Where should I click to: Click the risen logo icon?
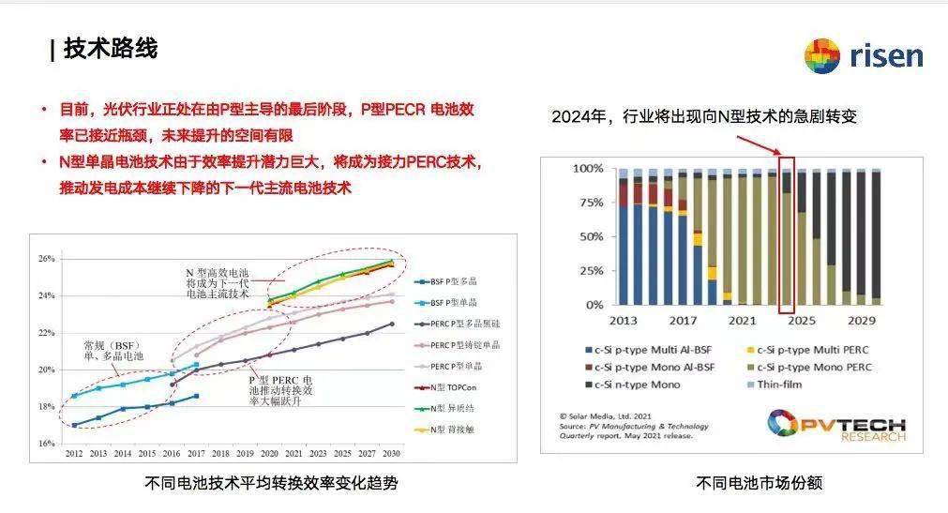tap(821, 56)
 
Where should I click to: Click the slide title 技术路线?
tap(110, 49)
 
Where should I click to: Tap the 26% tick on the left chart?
tap(46, 259)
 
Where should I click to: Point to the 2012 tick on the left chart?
tap(74, 453)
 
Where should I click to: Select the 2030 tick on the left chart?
tap(391, 453)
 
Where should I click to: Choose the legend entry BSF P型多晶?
tap(457, 281)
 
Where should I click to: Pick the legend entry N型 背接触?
tap(455, 430)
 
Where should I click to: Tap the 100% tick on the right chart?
tap(588, 169)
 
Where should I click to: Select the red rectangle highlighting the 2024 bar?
tap(787, 234)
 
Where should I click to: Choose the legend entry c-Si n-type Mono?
tap(637, 385)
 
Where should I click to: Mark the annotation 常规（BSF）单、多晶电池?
tap(112, 349)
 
